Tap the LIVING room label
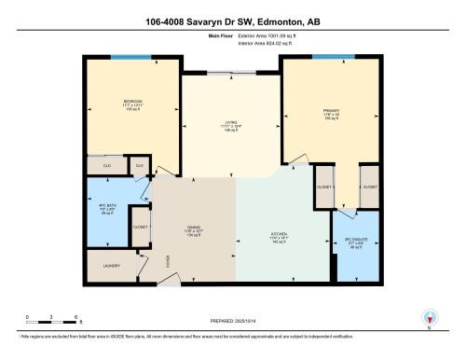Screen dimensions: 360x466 pos(229,121)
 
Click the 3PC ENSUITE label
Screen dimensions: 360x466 pos(354,242)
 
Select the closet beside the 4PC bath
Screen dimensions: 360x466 pos(140,227)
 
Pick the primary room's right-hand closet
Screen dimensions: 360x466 pos(369,187)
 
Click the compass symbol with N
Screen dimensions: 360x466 pos(429,317)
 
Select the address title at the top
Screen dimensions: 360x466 pos(233,17)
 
